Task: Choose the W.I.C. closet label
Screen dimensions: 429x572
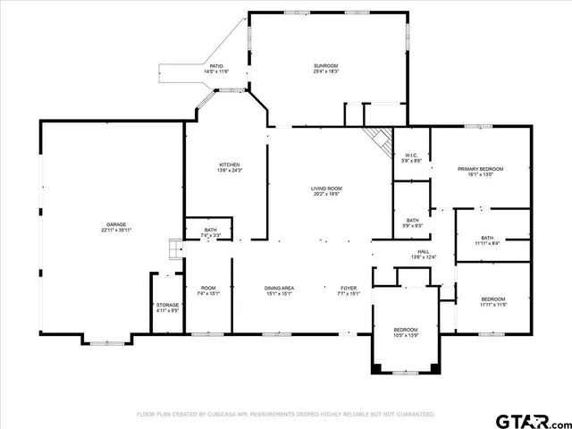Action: [411, 157]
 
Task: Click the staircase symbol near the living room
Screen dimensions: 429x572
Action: [378, 139]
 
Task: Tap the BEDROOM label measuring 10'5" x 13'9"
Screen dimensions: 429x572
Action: [406, 332]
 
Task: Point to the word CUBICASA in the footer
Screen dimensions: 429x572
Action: [223, 415]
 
